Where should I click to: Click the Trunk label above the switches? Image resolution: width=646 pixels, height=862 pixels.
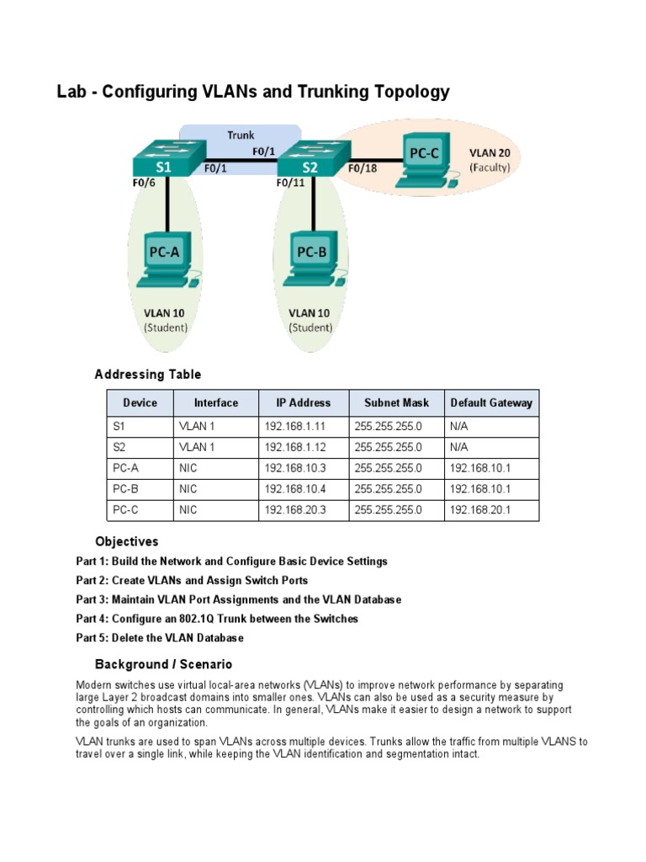[x=241, y=135]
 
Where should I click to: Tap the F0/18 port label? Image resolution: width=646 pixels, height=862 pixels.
[x=363, y=168]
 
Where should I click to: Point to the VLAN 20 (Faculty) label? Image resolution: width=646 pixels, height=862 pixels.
[x=489, y=160]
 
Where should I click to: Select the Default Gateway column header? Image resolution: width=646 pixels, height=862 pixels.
[x=491, y=402]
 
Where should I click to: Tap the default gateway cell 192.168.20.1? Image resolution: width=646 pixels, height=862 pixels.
[x=480, y=510]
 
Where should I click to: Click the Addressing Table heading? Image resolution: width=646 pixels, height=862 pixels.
[x=148, y=375]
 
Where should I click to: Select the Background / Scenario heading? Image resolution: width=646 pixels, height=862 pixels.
[x=163, y=664]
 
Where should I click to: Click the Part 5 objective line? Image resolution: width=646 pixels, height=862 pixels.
[x=160, y=638]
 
